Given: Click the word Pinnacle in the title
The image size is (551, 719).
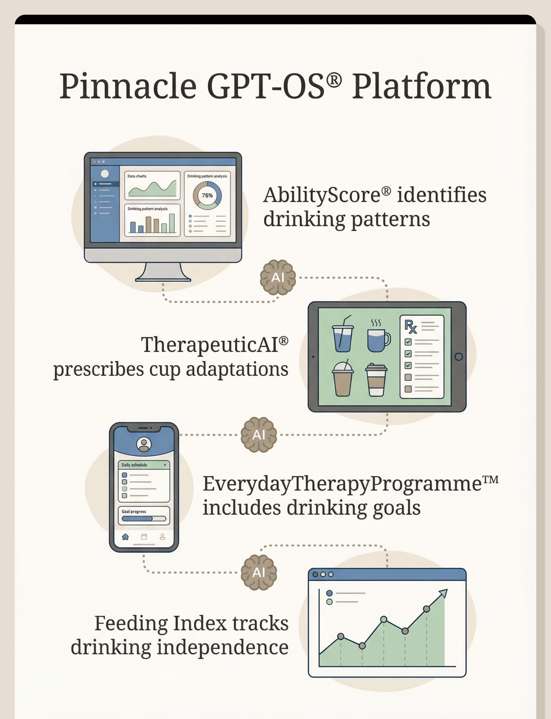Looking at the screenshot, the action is pos(128,86).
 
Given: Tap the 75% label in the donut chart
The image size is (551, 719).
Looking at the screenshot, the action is pos(207,195).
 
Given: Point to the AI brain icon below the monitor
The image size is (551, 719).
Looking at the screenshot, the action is pos(278,277).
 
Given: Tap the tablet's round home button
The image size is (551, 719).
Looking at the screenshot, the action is pos(459,356).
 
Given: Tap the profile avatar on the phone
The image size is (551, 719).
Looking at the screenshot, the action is pos(144,444).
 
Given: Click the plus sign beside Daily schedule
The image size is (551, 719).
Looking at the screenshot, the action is pos(165,465).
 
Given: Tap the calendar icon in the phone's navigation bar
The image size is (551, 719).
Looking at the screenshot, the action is pos(144,537).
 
